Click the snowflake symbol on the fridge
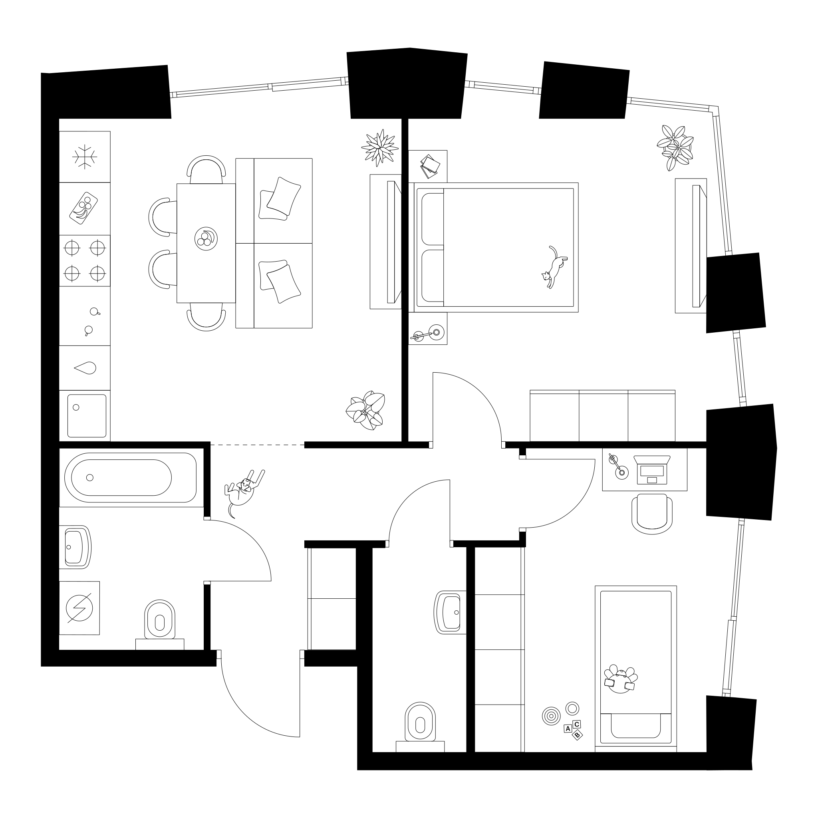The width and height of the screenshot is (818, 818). [x=85, y=157]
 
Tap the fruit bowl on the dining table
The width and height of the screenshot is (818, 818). [x=206, y=238]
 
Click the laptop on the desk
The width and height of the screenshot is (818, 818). [x=652, y=471]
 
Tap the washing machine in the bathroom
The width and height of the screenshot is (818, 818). [x=79, y=608]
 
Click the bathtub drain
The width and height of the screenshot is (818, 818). [x=89, y=478]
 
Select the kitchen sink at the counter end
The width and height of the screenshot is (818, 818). [x=86, y=416]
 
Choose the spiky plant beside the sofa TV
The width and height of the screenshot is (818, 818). [x=380, y=148]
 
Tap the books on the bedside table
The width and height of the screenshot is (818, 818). [x=431, y=167]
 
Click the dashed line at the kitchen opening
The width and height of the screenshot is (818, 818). [x=258, y=445]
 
